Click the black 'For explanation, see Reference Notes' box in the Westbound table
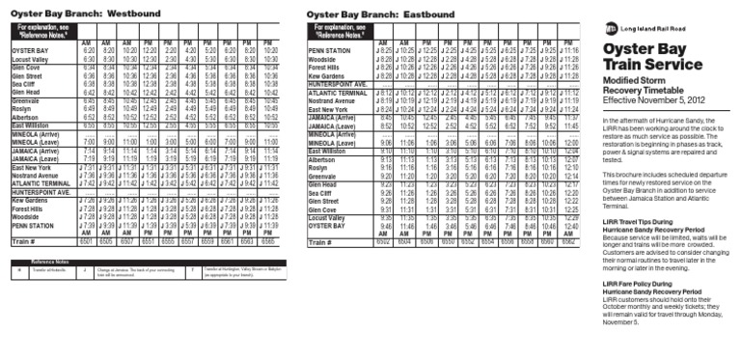[46, 30]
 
